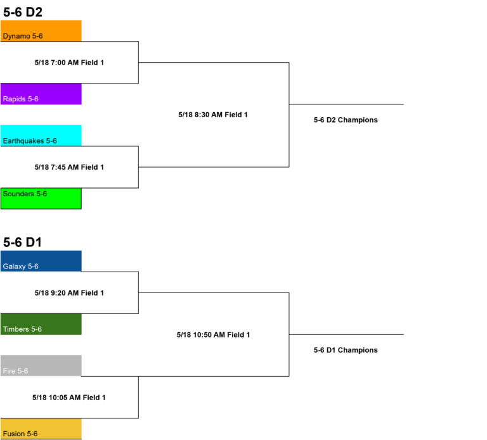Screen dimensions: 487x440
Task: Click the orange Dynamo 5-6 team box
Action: click(x=41, y=31)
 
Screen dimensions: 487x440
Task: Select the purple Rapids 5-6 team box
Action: click(x=41, y=94)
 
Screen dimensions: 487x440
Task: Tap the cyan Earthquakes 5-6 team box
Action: click(x=41, y=135)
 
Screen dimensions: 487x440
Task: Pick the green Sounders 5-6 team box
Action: click(x=41, y=198)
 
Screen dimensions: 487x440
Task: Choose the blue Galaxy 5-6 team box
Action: click(x=41, y=261)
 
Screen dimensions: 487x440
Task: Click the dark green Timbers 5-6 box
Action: click(x=41, y=324)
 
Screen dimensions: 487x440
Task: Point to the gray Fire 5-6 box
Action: click(x=41, y=366)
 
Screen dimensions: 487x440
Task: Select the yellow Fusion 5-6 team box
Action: click(x=41, y=429)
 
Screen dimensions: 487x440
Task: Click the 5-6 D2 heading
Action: click(x=23, y=12)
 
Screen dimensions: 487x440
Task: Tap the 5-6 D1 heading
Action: click(x=22, y=242)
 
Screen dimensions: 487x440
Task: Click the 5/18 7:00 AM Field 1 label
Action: click(x=69, y=63)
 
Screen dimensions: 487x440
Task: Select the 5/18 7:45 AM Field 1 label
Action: click(x=69, y=167)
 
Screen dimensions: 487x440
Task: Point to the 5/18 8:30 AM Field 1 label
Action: click(x=213, y=115)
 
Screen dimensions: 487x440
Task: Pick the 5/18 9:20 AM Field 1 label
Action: click(x=69, y=292)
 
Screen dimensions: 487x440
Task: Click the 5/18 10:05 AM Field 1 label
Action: click(x=69, y=398)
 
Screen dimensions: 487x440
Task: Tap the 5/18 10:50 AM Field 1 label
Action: click(x=213, y=335)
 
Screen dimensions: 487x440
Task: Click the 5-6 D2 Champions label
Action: click(x=346, y=120)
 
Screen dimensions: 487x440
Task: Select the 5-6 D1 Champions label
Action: click(x=346, y=350)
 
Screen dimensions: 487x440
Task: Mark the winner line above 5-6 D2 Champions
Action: click(x=346, y=104)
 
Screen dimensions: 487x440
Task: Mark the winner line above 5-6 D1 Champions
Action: click(x=346, y=334)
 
